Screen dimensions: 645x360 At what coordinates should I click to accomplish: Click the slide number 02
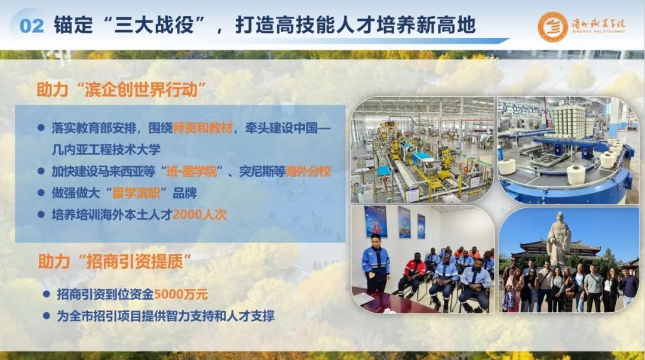pos(31,26)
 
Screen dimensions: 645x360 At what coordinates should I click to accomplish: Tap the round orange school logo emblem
pos(552,26)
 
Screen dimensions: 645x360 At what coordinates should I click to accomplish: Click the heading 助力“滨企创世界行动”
pos(121,90)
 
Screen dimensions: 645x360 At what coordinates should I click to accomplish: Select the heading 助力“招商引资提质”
pos(115,261)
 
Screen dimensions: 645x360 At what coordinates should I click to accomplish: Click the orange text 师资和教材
pos(203,128)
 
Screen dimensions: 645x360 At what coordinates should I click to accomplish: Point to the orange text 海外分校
pos(308,171)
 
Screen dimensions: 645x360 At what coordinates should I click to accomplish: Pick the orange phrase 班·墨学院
pos(191,171)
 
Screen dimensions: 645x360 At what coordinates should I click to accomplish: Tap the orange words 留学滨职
pos(136,193)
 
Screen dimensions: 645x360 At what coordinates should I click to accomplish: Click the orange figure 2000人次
pos(199,214)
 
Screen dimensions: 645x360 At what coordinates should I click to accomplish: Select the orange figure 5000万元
pos(181,294)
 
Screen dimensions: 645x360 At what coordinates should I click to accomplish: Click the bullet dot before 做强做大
pos(41,193)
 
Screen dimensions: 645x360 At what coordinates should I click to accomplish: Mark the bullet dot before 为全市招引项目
pos(47,316)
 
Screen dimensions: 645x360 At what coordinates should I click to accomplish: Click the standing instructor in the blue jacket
pos(376,263)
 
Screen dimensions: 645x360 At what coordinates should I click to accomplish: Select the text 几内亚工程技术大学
pos(106,149)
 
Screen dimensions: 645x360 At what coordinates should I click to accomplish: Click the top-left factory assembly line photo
pos(422,150)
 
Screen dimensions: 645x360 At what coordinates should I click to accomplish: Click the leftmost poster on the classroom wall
pos(376,221)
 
